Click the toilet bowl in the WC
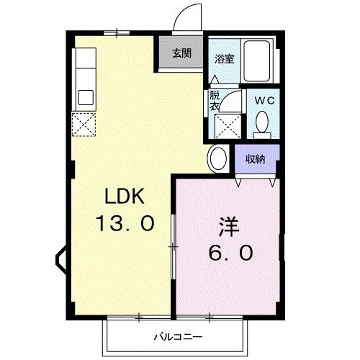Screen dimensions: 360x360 (x=263, y=124)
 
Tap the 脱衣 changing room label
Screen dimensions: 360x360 (x=215, y=100)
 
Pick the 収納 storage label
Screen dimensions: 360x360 (x=255, y=159)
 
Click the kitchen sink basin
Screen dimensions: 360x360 (x=85, y=97)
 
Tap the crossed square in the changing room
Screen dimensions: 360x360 (x=229, y=127)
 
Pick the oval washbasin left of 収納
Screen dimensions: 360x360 (x=217, y=158)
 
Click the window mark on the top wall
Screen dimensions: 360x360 (x=117, y=32)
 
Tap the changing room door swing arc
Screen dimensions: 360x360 (x=228, y=102)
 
